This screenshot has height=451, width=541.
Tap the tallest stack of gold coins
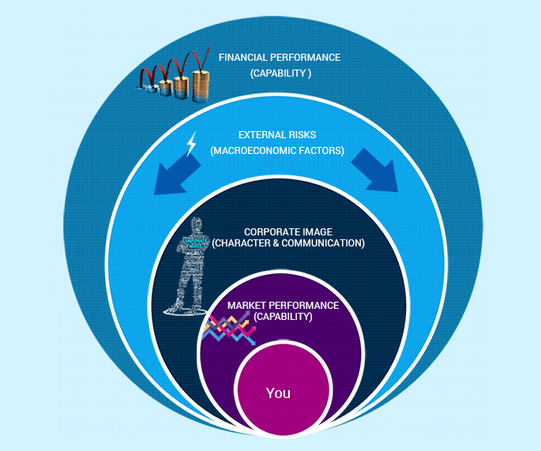tap(200, 86)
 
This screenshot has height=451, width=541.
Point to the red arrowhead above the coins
tap(208, 51)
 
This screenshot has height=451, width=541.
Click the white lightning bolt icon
tap(191, 143)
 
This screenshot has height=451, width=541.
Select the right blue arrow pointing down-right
tap(375, 171)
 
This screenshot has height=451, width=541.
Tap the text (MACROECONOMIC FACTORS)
tap(277, 151)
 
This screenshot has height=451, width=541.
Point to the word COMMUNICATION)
tap(323, 243)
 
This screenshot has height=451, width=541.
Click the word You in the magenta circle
tap(278, 393)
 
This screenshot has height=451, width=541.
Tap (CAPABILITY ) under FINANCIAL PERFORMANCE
tap(281, 73)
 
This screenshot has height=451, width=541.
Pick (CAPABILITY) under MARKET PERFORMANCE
tap(283, 317)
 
